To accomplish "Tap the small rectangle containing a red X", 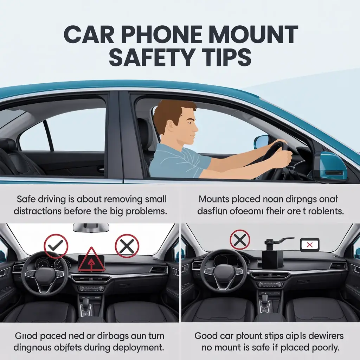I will [x=309, y=245].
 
